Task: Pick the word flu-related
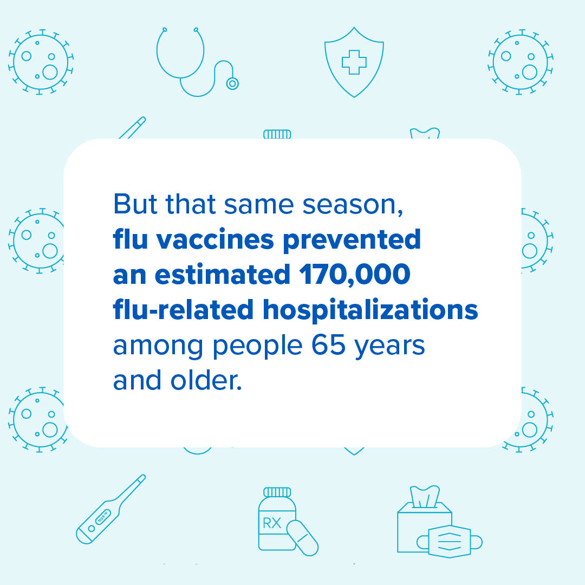pos(183,310)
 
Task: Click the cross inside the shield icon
pos(354,62)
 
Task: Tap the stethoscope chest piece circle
pos(232,83)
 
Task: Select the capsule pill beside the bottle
pos(302,538)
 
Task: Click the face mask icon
pos(448,541)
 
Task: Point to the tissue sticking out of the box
pos(425,496)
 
